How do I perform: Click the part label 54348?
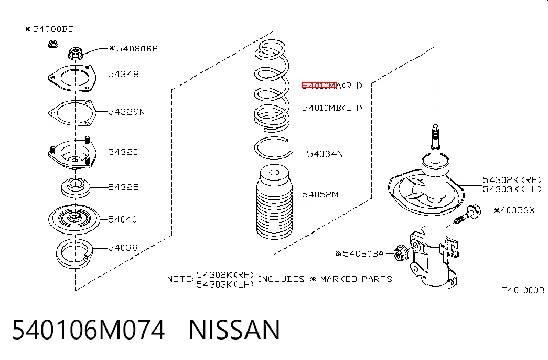click(123, 74)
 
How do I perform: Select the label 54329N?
click(126, 112)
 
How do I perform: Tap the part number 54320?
click(123, 152)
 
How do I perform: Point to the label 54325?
click(123, 187)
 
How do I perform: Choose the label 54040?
click(122, 219)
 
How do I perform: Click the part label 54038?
click(123, 248)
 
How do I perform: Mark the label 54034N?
click(325, 154)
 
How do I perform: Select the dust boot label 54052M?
click(320, 195)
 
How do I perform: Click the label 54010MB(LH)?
click(332, 108)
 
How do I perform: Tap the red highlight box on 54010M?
click(319, 86)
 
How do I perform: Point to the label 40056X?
click(514, 210)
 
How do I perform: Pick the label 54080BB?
click(134, 49)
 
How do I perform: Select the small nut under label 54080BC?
click(53, 44)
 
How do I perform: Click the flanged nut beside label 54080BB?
click(75, 54)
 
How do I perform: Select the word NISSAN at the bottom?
click(234, 330)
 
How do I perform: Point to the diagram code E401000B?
click(523, 290)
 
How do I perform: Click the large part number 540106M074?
click(89, 330)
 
